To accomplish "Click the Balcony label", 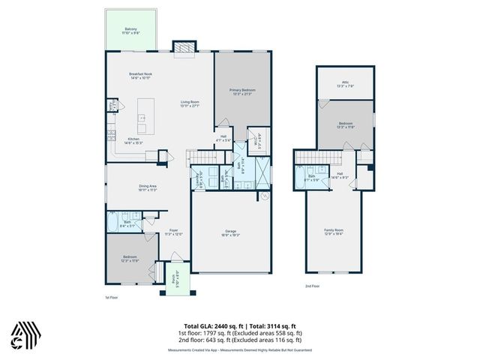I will [131, 31].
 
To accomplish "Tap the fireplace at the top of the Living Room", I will [183, 49].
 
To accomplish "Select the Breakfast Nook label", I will [141, 76].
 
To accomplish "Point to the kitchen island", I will [140, 120].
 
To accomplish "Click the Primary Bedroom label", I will [243, 91].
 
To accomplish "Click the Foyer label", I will [172, 232].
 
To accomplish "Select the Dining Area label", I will [147, 188].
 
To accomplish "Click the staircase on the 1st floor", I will [202, 157].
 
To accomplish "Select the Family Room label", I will [332, 231].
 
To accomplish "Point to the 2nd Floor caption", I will [312, 286].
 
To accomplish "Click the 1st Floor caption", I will [112, 297].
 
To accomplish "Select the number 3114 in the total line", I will [274, 326].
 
